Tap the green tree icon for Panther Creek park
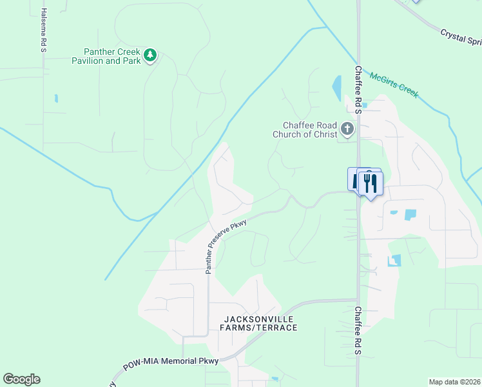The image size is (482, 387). coord(150,56)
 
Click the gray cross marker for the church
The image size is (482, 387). coord(347,130)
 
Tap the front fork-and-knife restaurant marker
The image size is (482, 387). coord(371,183)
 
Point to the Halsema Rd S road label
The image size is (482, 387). coord(43,30)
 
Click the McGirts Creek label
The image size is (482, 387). coord(394,85)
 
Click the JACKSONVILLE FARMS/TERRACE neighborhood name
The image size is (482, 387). coord(260,324)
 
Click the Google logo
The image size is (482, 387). coord(21,379)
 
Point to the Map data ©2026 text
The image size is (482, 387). coord(454,382)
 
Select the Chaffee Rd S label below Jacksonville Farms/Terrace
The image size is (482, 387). coord(358,331)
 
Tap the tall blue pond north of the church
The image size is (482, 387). coord(336,88)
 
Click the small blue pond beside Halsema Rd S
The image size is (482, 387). coord(56,99)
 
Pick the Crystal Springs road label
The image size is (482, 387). coord(460,37)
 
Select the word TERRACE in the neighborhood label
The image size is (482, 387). coord(276,328)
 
